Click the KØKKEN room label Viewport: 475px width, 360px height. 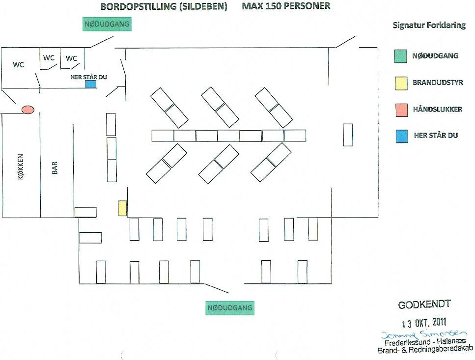tap(21, 166)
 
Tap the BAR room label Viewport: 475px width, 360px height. tap(55, 168)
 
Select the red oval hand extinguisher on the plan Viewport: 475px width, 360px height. tap(28, 110)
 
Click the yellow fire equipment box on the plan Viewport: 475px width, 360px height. tap(122, 208)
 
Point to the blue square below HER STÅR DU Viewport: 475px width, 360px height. tap(91, 84)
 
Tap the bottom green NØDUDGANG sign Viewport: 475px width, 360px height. tap(230, 308)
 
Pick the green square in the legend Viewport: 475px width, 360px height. tap(401, 56)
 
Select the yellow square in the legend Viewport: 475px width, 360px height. tap(401, 83)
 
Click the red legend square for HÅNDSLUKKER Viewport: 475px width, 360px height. tap(401, 110)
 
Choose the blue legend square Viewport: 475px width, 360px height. tap(401, 136)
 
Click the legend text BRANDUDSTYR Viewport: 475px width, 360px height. tap(437, 83)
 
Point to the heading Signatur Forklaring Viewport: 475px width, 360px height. tap(429, 26)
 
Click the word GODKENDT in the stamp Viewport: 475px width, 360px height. tap(424, 305)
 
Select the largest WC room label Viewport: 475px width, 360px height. tap(19, 65)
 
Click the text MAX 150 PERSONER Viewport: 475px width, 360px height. tap(286, 6)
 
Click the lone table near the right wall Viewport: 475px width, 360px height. tap(348, 135)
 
